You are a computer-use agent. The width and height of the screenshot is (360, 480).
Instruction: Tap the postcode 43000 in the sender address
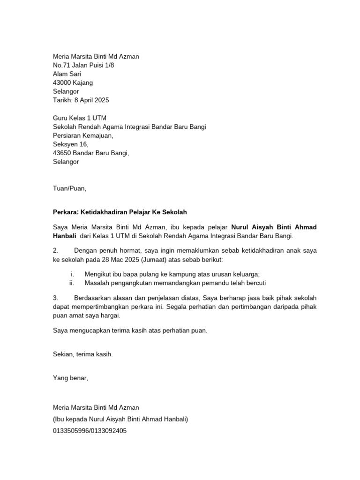click(x=62, y=82)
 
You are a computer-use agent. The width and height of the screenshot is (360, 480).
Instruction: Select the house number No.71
click(x=61, y=65)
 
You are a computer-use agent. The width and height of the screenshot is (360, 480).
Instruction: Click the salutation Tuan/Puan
click(x=70, y=188)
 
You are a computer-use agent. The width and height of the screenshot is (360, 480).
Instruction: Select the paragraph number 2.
click(x=55, y=251)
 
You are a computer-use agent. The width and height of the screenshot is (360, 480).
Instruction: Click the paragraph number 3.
click(x=55, y=298)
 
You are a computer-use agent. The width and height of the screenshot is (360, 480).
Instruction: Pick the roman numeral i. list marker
click(x=73, y=274)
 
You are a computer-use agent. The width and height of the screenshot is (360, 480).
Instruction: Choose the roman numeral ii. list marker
click(x=72, y=283)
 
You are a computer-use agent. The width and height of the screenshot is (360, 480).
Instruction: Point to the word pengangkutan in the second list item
click(x=133, y=283)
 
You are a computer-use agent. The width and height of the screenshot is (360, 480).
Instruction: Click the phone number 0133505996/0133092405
click(x=90, y=430)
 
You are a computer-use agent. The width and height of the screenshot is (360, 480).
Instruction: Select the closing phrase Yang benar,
click(x=70, y=377)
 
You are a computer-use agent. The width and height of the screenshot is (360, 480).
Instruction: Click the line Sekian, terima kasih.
click(x=83, y=354)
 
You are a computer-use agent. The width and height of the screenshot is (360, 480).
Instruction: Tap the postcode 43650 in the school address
click(x=62, y=153)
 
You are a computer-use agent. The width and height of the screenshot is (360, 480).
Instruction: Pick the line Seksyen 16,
click(x=70, y=144)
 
